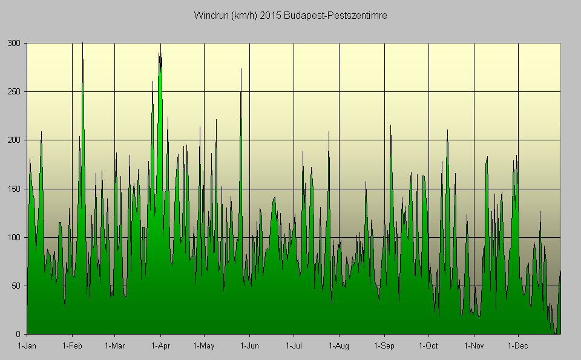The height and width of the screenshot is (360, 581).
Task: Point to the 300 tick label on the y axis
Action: pos(15,44)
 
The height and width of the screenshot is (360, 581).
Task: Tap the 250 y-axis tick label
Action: pos(15,92)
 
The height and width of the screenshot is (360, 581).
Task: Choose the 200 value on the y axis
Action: pos(15,140)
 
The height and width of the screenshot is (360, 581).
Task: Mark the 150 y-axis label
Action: pos(15,189)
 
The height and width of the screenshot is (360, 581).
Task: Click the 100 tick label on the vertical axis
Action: pos(15,237)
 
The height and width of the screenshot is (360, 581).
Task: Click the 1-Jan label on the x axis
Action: pos(27,346)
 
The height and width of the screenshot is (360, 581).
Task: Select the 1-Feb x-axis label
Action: pos(72,346)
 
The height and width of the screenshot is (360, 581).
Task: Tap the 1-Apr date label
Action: pos(160,346)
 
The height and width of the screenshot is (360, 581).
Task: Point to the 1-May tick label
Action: pos(204,346)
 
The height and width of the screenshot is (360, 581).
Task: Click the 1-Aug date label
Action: pos(339,346)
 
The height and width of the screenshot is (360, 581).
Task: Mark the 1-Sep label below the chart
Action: pos(384,346)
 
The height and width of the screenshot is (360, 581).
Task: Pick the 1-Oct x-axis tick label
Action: pos(428,346)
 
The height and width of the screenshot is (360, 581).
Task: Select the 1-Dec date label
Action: pos(518,346)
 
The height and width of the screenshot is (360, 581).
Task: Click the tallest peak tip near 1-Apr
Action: pos(160,45)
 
